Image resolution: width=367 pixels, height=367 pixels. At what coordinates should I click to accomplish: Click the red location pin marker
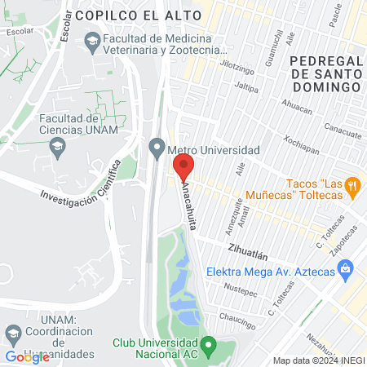point(183,167)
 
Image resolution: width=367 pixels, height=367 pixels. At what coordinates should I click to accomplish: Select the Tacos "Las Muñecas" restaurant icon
point(352,186)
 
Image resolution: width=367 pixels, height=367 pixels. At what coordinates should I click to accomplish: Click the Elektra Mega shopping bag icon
point(346,268)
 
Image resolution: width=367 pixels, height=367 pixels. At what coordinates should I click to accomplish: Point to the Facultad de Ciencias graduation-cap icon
point(57,148)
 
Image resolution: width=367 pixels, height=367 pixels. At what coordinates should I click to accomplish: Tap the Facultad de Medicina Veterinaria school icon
point(91,40)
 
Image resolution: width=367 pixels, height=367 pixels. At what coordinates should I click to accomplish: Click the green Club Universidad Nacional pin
point(209,349)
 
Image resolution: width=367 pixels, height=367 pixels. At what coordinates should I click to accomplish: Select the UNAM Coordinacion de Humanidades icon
point(14,334)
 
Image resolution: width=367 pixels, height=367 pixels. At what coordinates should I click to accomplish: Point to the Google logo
point(27,357)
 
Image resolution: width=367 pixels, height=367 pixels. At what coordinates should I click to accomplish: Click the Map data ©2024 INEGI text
point(318,360)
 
